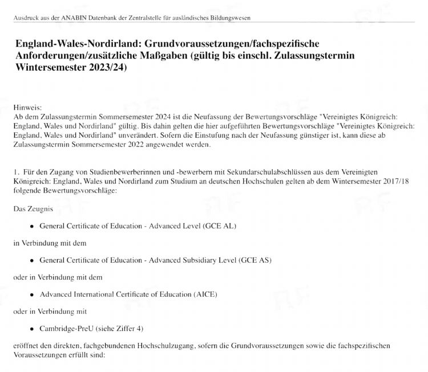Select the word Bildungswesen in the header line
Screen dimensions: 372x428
point(229,18)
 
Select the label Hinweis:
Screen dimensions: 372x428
point(26,107)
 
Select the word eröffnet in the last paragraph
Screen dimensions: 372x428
point(26,346)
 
